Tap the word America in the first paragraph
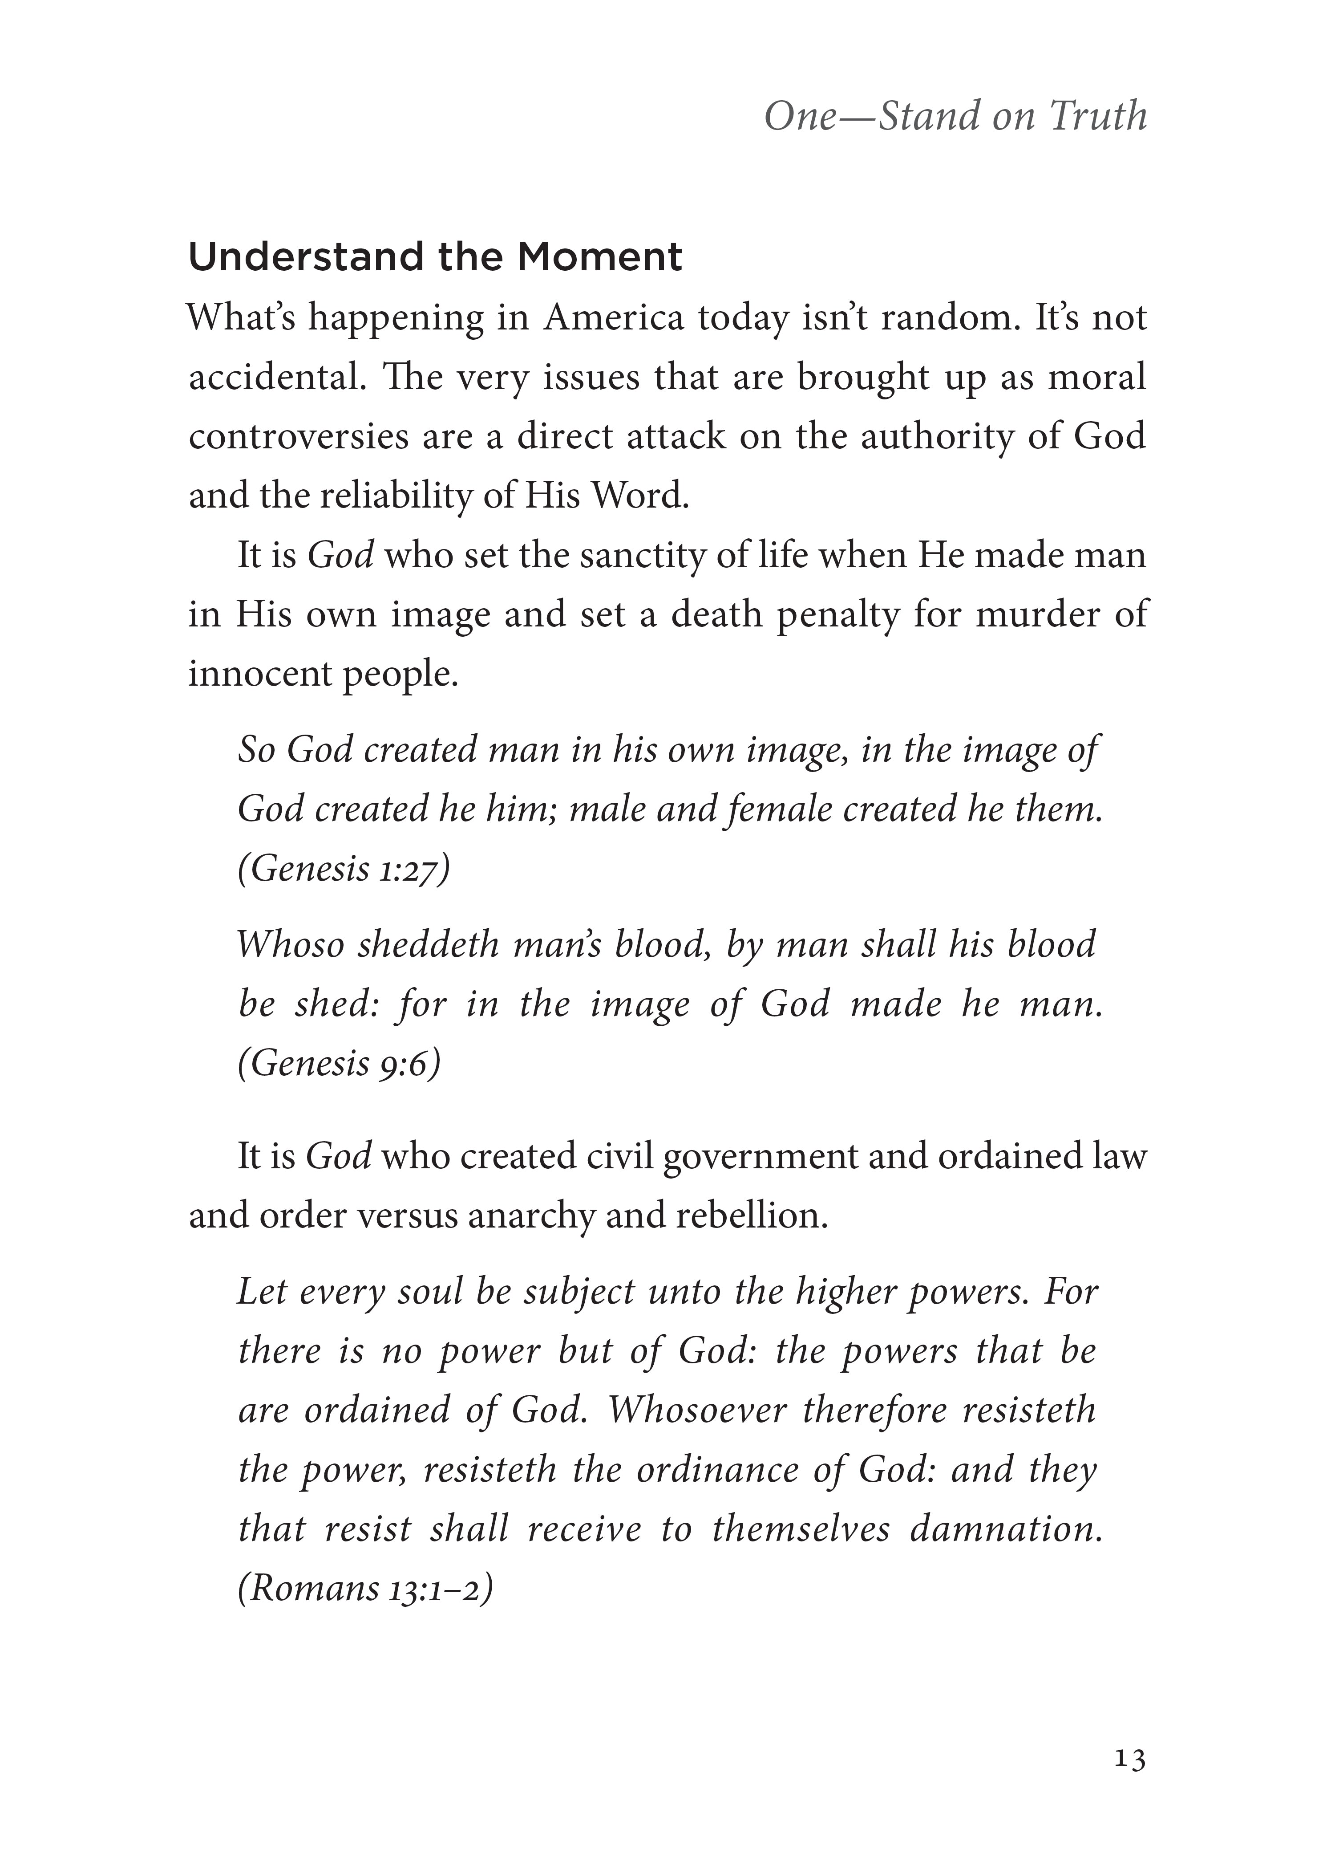[613, 318]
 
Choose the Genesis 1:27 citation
[344, 868]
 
